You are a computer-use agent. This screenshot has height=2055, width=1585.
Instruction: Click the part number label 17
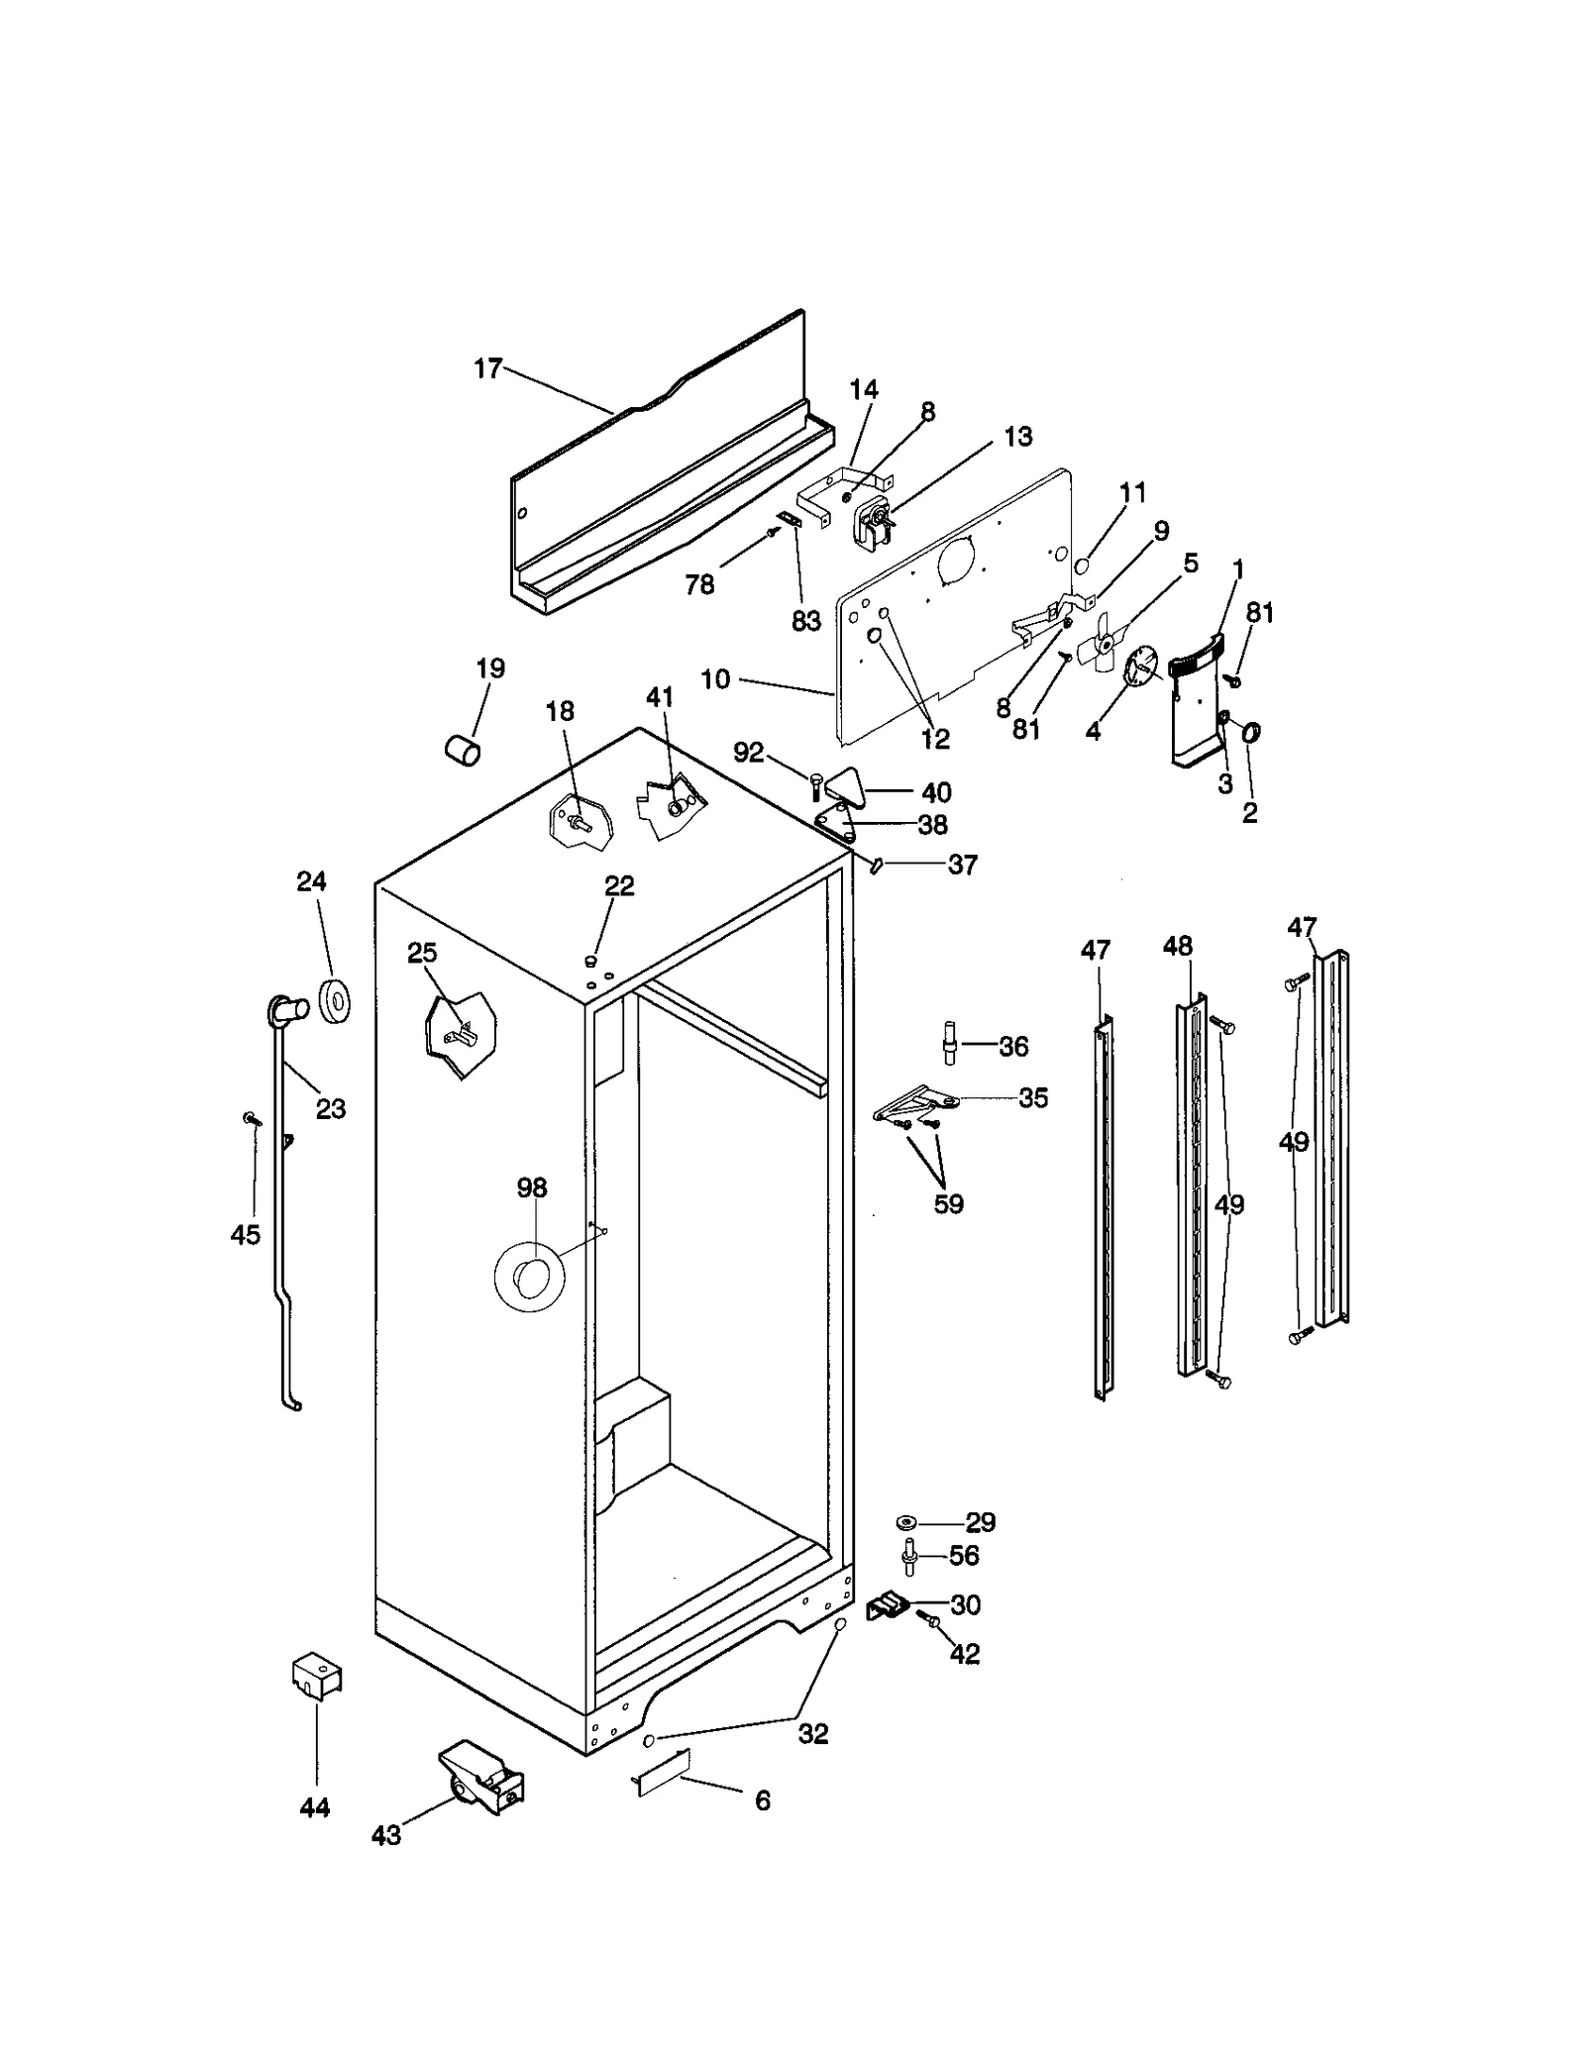(x=487, y=369)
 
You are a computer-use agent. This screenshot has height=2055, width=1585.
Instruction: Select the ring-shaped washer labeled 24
(x=336, y=999)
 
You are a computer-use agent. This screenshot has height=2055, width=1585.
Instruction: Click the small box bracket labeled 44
(x=317, y=1675)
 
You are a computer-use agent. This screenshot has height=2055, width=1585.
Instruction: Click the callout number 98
(x=532, y=1187)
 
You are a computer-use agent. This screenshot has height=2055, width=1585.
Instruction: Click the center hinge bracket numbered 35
(x=916, y=1101)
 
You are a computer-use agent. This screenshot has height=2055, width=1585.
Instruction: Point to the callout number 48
(x=1178, y=946)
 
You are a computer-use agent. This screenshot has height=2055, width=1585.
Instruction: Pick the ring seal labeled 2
(x=1250, y=734)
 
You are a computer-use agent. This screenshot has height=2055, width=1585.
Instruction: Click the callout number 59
(x=948, y=1204)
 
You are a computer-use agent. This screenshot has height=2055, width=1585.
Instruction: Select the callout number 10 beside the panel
(x=715, y=679)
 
